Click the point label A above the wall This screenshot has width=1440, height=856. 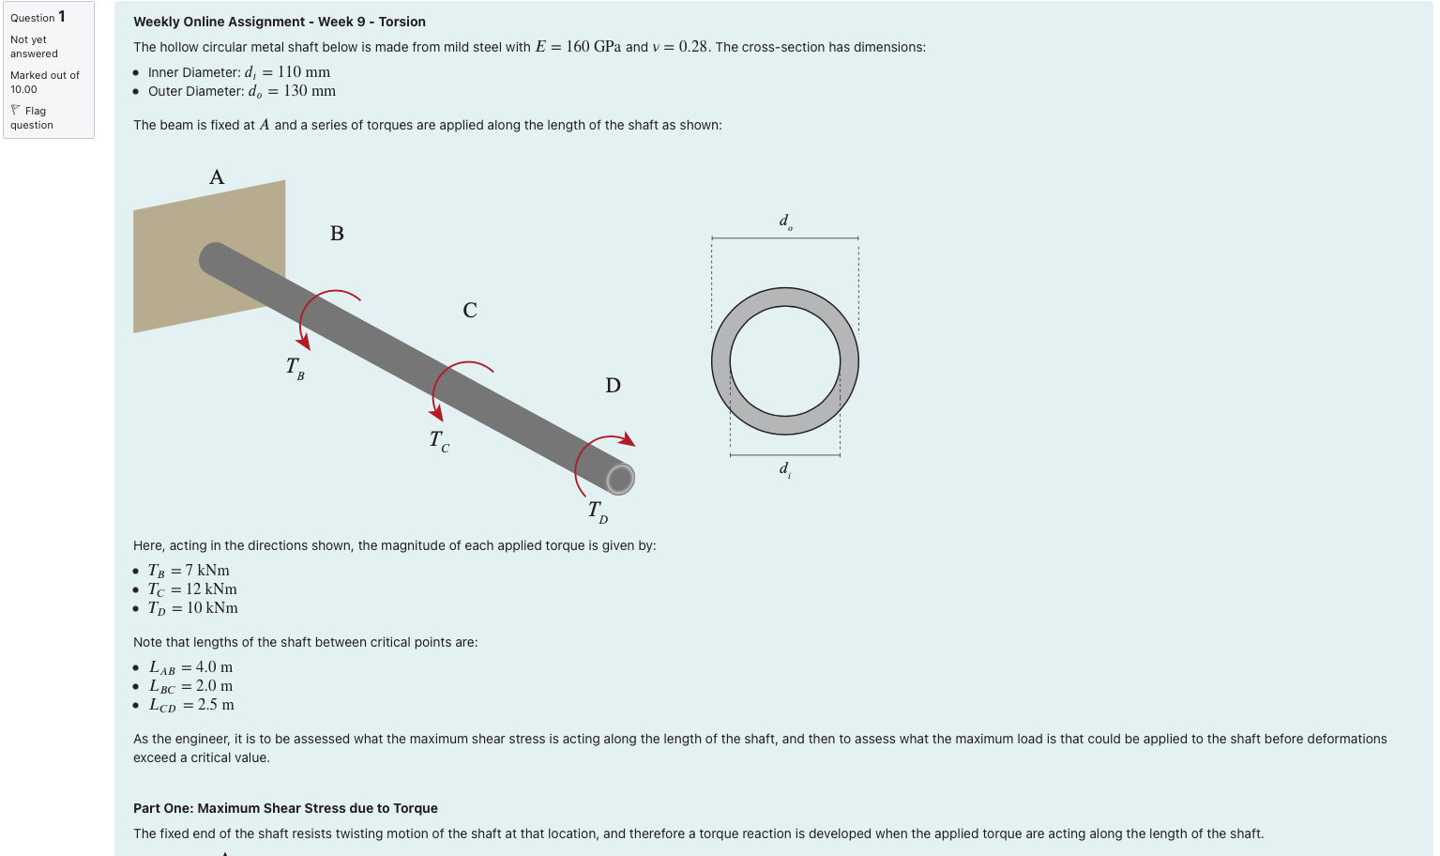tap(217, 177)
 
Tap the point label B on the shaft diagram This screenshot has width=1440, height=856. tap(337, 234)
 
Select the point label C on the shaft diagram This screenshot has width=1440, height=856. tap(470, 311)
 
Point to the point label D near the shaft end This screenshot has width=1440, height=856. tap(613, 386)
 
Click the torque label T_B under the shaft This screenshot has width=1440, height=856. tap(295, 368)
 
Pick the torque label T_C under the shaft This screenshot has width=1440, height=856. tap(439, 440)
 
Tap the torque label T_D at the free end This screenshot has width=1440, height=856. tap(598, 512)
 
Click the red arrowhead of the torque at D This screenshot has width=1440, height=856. tap(629, 441)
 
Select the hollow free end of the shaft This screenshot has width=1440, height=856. tap(620, 479)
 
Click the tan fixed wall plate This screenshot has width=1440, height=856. tap(178, 282)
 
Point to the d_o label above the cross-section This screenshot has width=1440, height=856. tap(785, 222)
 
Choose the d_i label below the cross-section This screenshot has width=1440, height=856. tap(785, 468)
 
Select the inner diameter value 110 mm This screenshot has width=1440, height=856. tap(303, 72)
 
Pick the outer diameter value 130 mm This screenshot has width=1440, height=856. tap(309, 91)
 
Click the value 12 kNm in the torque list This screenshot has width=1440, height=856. tap(211, 589)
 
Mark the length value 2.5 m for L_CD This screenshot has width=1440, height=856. tap(216, 705)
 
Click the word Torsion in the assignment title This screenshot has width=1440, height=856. tap(402, 22)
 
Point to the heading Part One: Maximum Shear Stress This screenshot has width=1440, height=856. tap(285, 808)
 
